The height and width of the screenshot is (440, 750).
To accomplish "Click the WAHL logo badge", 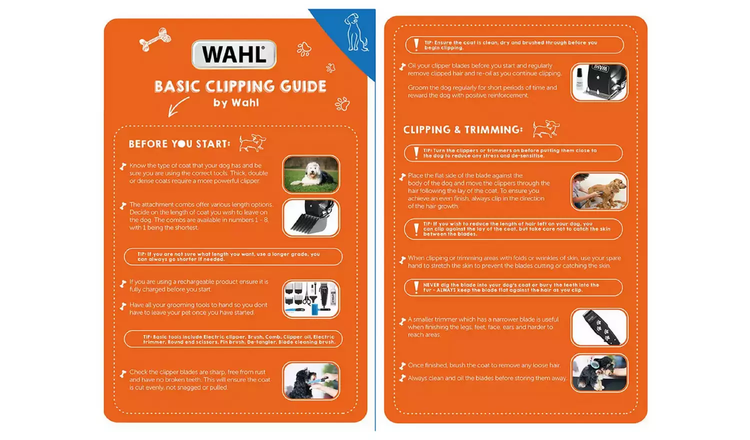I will click(234, 54).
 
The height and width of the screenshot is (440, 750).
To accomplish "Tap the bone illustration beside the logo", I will click(155, 39).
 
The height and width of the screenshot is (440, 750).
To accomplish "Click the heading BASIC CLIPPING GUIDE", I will click(240, 86).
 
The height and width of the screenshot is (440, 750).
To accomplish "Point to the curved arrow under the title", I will click(177, 106).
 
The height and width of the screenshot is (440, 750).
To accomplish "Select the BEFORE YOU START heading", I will click(179, 144).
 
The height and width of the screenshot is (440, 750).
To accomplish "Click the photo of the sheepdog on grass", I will click(311, 174).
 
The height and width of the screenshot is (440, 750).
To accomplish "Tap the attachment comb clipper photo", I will click(311, 218).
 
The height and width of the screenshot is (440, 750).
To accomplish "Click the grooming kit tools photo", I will click(311, 299).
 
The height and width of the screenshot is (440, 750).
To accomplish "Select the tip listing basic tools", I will click(233, 339).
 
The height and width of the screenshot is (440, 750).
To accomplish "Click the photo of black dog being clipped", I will click(311, 381).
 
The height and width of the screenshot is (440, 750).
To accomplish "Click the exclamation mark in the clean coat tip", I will click(416, 44).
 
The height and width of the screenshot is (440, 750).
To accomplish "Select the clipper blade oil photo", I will click(599, 82).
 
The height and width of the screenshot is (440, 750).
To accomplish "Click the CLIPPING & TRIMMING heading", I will click(462, 130).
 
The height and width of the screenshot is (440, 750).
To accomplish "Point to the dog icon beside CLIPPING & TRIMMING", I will click(545, 129).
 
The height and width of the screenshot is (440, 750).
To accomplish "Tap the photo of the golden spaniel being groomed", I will click(599, 191).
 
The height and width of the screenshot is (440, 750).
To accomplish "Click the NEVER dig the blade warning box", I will click(513, 287).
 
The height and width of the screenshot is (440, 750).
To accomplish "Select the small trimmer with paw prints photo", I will click(599, 327).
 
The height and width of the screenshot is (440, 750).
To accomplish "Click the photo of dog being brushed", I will click(599, 373).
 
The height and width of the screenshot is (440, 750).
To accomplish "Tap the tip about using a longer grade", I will click(233, 256).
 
